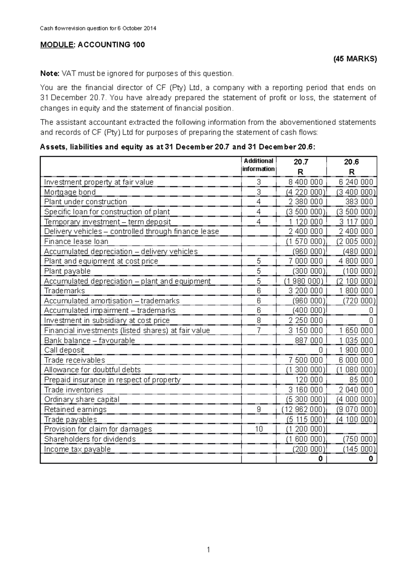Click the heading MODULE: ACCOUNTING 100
click(93, 45)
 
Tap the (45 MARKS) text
click(355, 59)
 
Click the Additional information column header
click(258, 165)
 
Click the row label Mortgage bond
click(70, 192)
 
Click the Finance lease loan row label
click(76, 241)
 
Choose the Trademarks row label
click(64, 291)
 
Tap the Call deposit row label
click(64, 350)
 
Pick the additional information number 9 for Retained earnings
click(259, 409)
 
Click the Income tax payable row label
click(77, 449)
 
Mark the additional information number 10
click(259, 429)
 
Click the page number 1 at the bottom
click(208, 550)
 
